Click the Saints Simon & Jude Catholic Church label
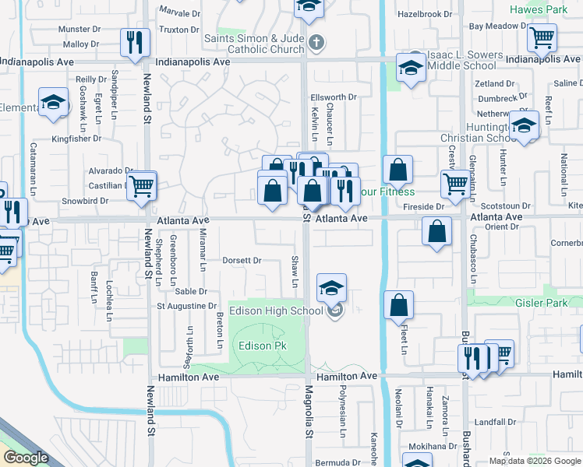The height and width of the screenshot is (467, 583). (x=253, y=44)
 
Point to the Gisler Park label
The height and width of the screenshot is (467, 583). (x=542, y=302)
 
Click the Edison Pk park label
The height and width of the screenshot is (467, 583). (x=256, y=346)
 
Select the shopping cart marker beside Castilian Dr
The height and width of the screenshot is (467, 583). (x=142, y=185)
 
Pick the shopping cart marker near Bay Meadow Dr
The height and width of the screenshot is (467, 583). (x=541, y=37)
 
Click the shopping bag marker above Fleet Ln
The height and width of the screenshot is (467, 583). (x=398, y=306)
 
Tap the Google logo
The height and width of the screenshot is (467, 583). (x=26, y=458)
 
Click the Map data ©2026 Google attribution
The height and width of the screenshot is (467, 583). (x=534, y=461)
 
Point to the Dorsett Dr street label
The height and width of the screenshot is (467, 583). (x=242, y=261)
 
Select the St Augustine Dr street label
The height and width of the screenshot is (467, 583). (x=187, y=306)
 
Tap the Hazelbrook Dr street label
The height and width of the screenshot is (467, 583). (x=425, y=14)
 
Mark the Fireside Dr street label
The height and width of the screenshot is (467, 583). (x=424, y=207)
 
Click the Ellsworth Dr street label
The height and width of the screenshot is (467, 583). (x=333, y=97)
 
